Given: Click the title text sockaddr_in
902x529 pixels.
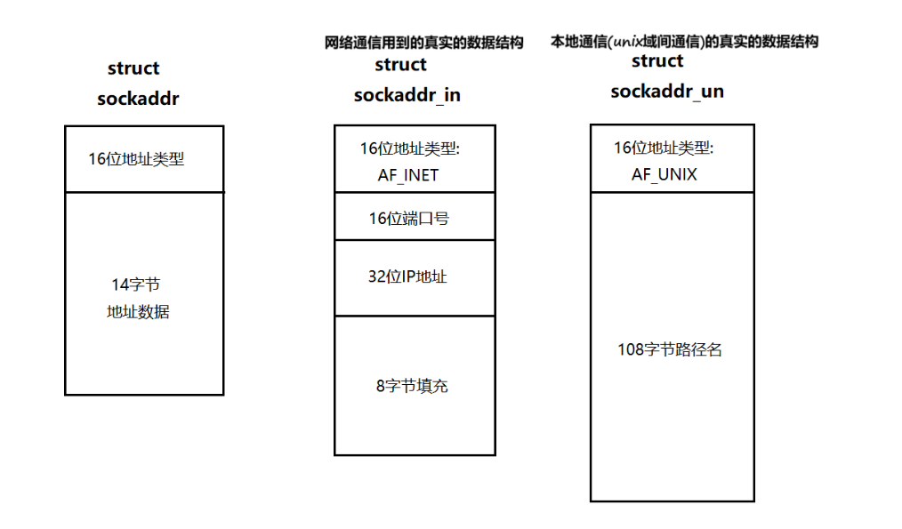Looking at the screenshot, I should point(407,95).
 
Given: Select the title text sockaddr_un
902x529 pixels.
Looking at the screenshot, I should point(666,92).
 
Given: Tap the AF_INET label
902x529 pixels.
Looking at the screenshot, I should point(408,174).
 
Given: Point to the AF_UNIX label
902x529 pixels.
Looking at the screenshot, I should point(664,174).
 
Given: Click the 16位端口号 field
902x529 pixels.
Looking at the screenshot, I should point(409,218).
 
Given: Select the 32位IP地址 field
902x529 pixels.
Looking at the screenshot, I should point(407,277).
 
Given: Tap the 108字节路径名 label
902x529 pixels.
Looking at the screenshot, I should point(670,349).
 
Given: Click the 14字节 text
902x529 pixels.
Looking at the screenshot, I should point(135,285).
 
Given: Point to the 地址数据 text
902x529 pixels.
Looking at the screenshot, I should point(138,312).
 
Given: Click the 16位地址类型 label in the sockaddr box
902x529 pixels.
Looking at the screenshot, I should point(136,160).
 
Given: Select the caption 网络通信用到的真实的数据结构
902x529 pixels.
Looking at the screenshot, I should point(424,42).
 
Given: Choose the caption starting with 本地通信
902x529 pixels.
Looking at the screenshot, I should point(685,41).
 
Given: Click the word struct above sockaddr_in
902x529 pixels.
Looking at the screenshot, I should point(401,65).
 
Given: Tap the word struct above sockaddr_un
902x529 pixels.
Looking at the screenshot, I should point(657,61).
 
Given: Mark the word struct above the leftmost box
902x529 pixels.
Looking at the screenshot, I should point(133,68).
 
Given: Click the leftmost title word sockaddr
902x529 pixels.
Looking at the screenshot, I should point(138,99).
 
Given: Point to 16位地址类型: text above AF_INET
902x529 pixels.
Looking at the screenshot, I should point(409,148).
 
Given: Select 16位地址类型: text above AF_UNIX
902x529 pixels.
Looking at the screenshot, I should point(664,148).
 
